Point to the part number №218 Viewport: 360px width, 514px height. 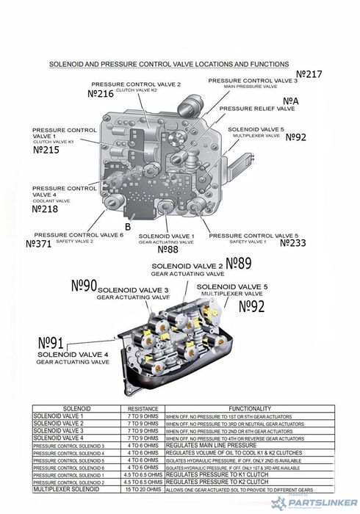click(46, 209)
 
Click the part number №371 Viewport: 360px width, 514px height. click(38, 243)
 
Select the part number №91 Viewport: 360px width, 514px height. click(54, 344)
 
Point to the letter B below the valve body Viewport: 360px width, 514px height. click(128, 227)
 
